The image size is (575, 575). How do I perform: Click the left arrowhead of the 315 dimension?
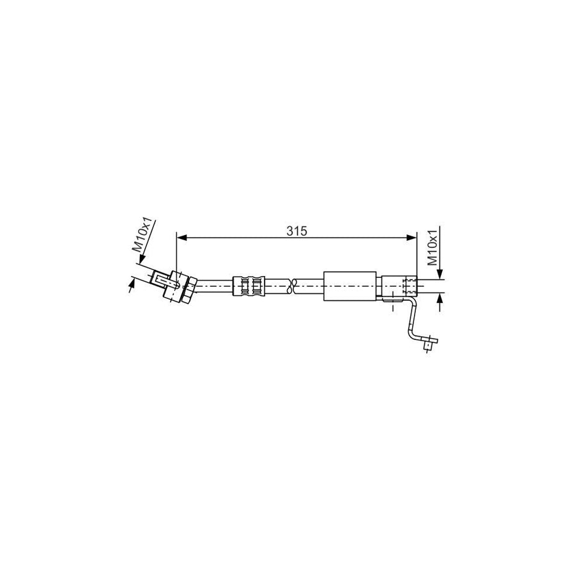pyautogui.click(x=181, y=238)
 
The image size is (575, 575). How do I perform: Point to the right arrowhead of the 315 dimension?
pyautogui.click(x=411, y=238)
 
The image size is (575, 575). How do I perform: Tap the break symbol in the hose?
pyautogui.click(x=293, y=285)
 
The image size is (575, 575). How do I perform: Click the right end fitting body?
pyautogui.click(x=397, y=284)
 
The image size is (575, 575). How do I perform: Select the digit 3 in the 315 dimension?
pyautogui.click(x=290, y=231)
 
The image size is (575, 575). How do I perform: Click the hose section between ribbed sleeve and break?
pyautogui.click(x=275, y=285)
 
